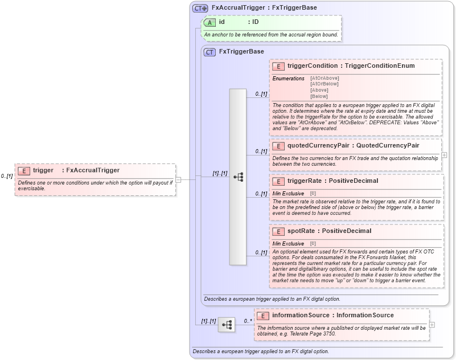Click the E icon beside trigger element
[x=24, y=170]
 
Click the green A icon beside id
[x=209, y=22]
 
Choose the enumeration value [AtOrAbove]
[x=324, y=78]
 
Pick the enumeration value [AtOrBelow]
[x=324, y=84]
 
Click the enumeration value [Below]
[x=319, y=96]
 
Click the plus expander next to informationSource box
[x=432, y=325]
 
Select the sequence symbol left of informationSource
[x=226, y=325]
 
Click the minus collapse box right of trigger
[x=178, y=179]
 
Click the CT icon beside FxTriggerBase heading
[x=209, y=52]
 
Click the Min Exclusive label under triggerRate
[x=288, y=194]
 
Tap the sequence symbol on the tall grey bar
[x=237, y=177]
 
